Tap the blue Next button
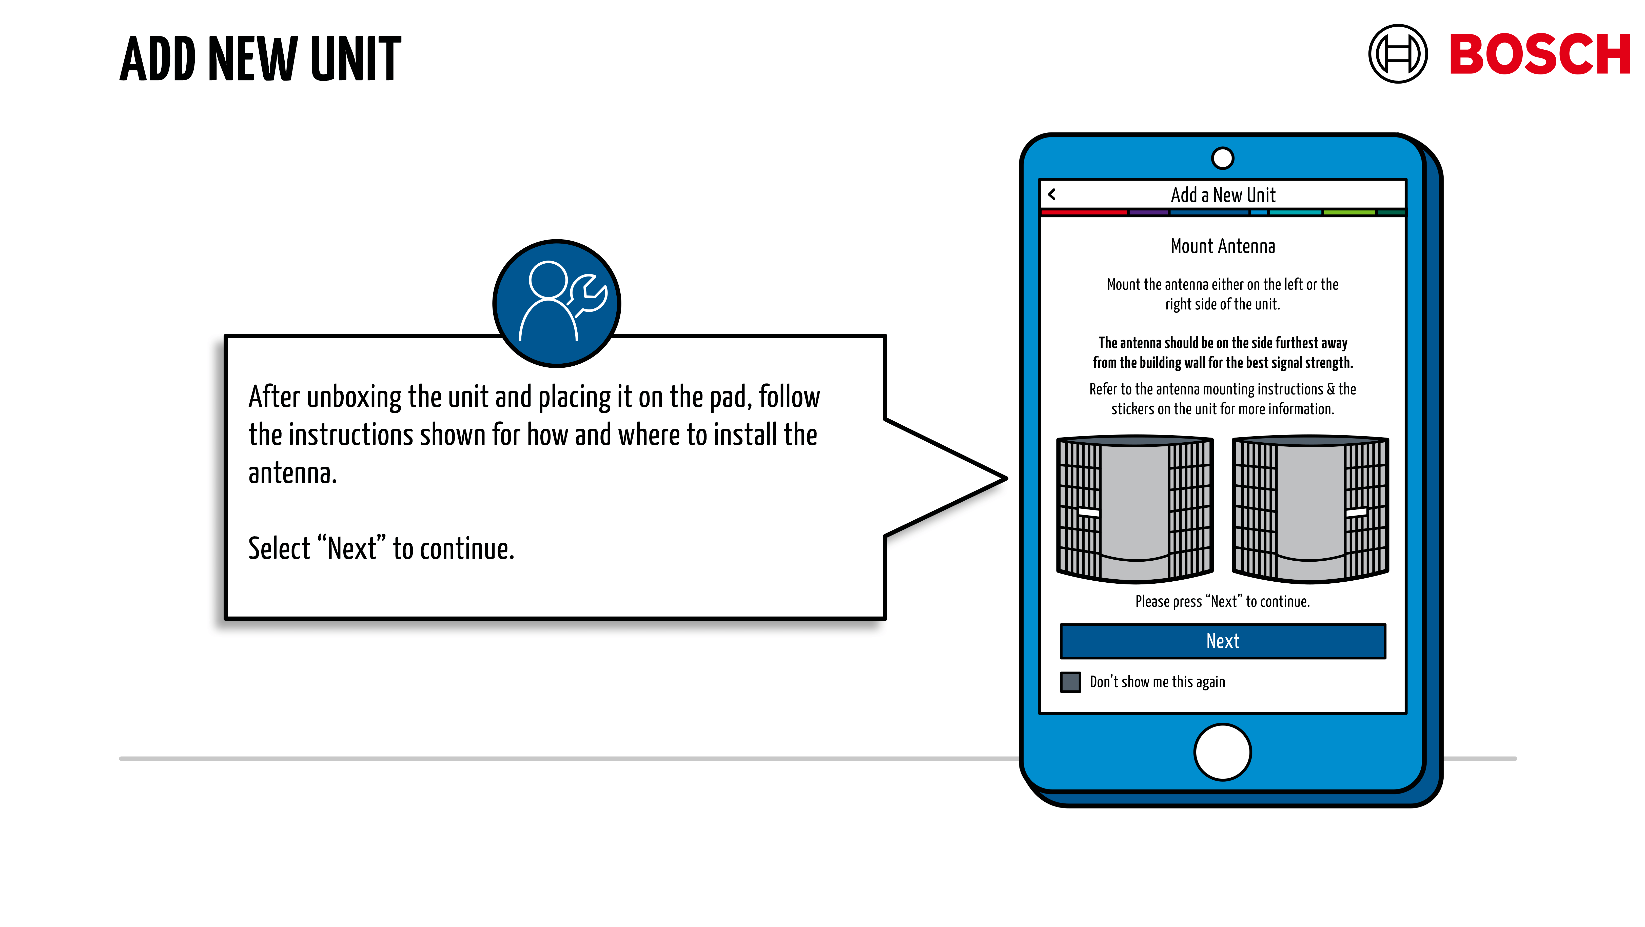pyautogui.click(x=1222, y=641)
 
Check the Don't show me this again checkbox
pyautogui.click(x=1070, y=682)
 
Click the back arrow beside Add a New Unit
pyautogui.click(x=1052, y=194)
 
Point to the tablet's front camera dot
pyautogui.click(x=1222, y=158)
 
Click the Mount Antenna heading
pyautogui.click(x=1222, y=246)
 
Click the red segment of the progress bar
pyautogui.click(x=1084, y=212)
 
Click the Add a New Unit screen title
pyautogui.click(x=1222, y=195)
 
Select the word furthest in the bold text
pyautogui.click(x=1297, y=343)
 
